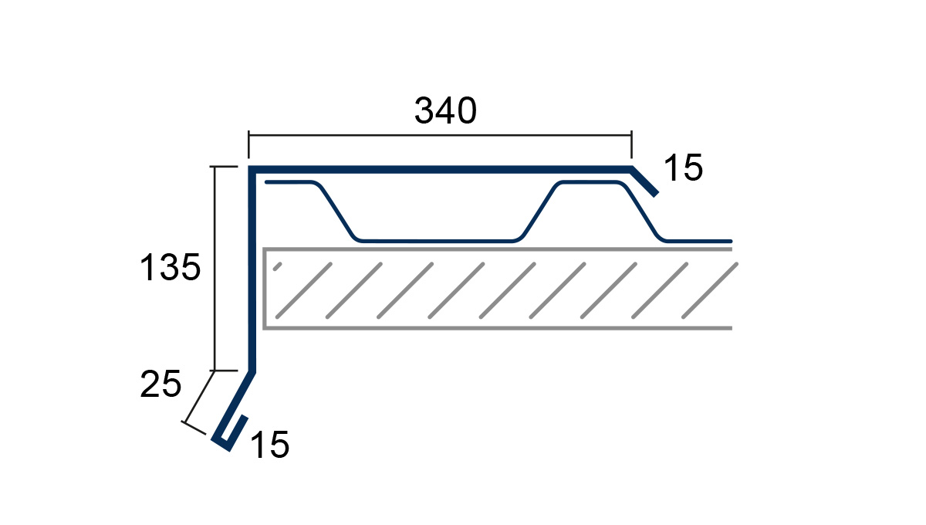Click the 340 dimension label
[445, 110]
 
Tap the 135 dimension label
[171, 267]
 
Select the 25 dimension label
[161, 384]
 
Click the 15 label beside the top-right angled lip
[683, 168]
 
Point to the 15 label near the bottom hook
[269, 445]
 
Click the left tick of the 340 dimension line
[248, 144]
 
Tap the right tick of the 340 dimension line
[631, 144]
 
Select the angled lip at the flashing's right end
[644, 181]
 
